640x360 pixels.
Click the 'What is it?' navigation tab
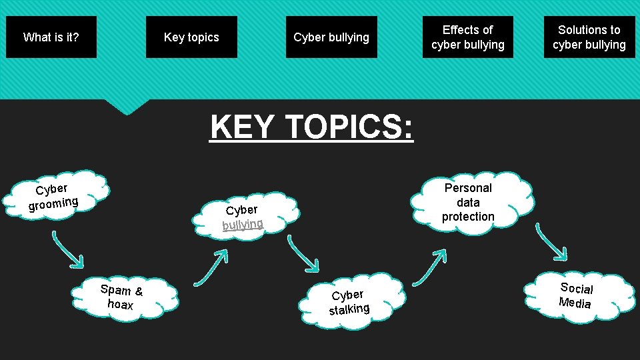coord(51,37)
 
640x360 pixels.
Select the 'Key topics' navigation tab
coord(191,37)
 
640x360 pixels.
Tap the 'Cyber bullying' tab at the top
coord(331,37)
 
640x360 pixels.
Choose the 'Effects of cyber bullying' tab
coord(467,37)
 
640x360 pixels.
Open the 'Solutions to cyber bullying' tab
coord(589,37)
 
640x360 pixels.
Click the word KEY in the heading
coord(241,126)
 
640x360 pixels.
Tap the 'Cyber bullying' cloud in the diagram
coord(243,215)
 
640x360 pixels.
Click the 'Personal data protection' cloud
coord(468,202)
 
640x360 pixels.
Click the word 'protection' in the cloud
coord(468,217)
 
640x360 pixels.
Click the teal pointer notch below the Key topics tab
coord(127,106)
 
